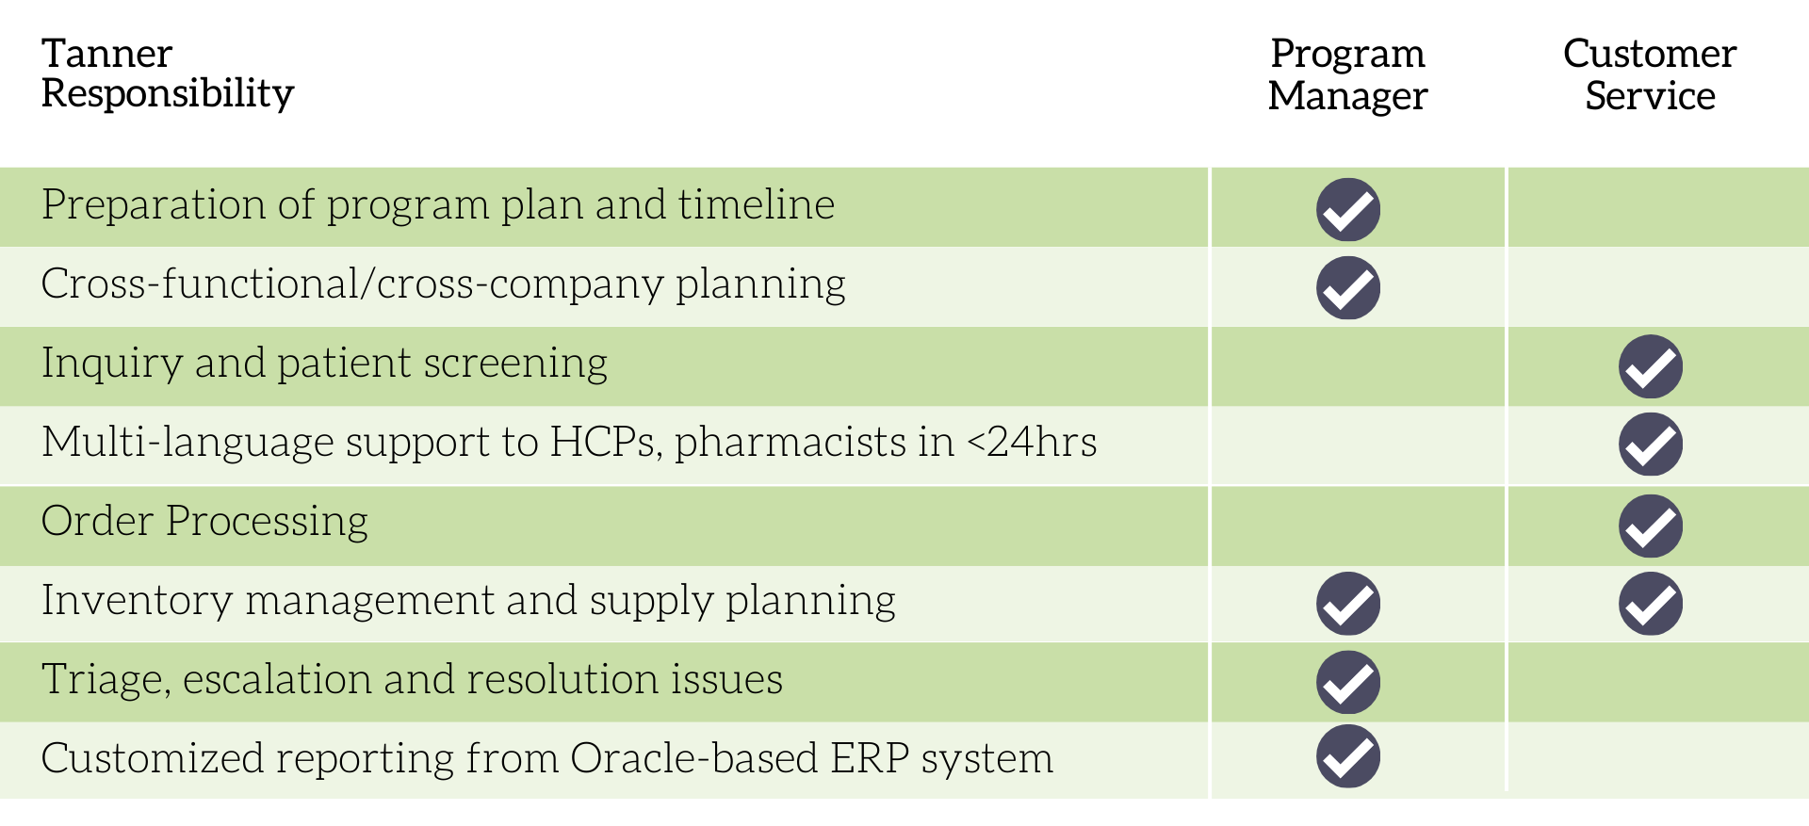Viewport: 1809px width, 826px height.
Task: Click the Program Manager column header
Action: (1347, 74)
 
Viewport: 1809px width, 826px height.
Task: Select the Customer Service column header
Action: (1650, 74)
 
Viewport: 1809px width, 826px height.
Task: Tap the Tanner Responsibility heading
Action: (168, 73)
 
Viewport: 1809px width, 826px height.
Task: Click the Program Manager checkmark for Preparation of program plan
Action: (1348, 209)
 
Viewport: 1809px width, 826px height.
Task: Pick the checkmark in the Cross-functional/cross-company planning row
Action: (1348, 288)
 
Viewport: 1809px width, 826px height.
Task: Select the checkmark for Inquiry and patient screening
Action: (1651, 366)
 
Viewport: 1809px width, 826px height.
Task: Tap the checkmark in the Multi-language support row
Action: (1651, 445)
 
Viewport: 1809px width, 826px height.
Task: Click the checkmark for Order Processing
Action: (1651, 526)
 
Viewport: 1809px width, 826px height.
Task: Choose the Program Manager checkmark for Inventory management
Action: (1348, 604)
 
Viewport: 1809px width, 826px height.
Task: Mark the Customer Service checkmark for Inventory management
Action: (1651, 604)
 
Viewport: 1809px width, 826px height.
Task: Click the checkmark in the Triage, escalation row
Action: (1348, 682)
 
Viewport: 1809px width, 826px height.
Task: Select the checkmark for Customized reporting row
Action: (1348, 756)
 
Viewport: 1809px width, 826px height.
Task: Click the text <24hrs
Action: (1032, 442)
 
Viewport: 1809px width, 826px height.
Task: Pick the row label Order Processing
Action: (204, 521)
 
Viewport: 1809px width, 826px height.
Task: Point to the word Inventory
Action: (137, 600)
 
